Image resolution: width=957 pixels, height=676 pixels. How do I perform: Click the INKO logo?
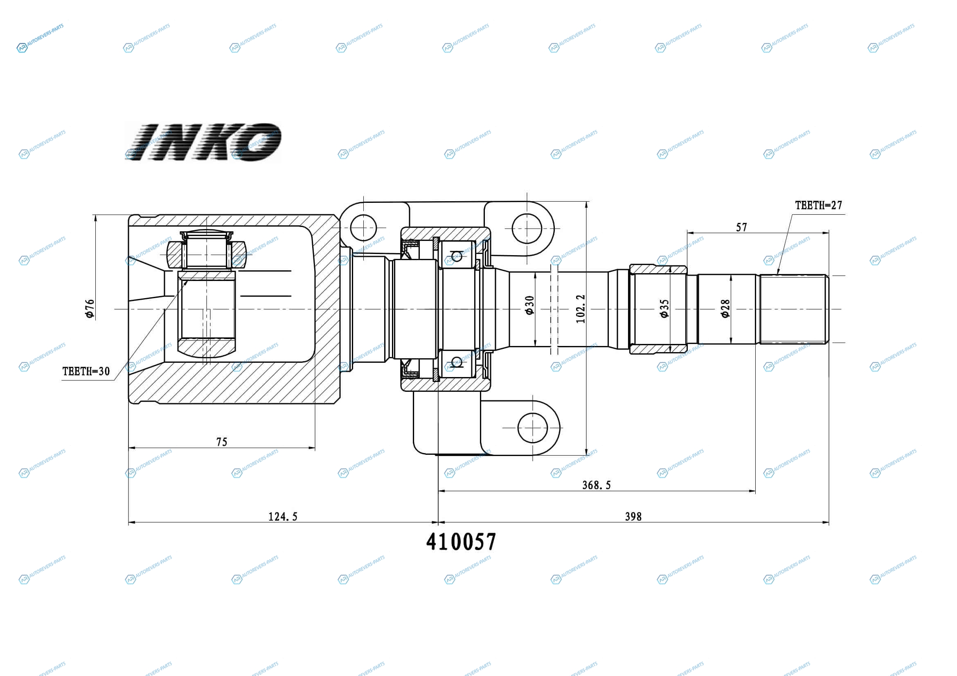tap(203, 142)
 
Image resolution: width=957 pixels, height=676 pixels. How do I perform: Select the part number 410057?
tap(461, 542)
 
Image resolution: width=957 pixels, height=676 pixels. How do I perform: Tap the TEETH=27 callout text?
tap(818, 205)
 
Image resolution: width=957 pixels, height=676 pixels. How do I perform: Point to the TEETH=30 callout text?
tap(86, 371)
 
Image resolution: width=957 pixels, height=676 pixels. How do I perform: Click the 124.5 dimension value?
tap(283, 517)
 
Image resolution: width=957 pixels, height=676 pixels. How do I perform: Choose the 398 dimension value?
tap(633, 517)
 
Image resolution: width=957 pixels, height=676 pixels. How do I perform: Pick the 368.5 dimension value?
tap(597, 485)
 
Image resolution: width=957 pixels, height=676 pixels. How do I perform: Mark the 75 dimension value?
tap(222, 442)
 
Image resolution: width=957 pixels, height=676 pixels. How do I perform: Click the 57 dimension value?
tap(741, 227)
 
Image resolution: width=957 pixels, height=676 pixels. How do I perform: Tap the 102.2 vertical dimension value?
tap(581, 309)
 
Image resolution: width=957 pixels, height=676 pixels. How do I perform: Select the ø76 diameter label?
tap(90, 309)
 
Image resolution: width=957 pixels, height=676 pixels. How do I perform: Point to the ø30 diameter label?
tap(529, 305)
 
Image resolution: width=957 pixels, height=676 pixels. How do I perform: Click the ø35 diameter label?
tap(664, 308)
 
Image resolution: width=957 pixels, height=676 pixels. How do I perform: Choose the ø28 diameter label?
tap(725, 308)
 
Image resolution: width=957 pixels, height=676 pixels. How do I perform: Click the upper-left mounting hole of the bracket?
tap(363, 228)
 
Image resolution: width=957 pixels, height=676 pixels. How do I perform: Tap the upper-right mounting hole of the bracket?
tap(527, 228)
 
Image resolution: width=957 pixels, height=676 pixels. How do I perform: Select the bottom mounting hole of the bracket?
tap(532, 428)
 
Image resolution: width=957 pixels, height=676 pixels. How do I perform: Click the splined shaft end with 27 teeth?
tap(794, 309)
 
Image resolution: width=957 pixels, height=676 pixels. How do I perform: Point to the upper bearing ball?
tap(457, 255)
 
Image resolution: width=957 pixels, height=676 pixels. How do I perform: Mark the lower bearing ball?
tap(457, 362)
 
